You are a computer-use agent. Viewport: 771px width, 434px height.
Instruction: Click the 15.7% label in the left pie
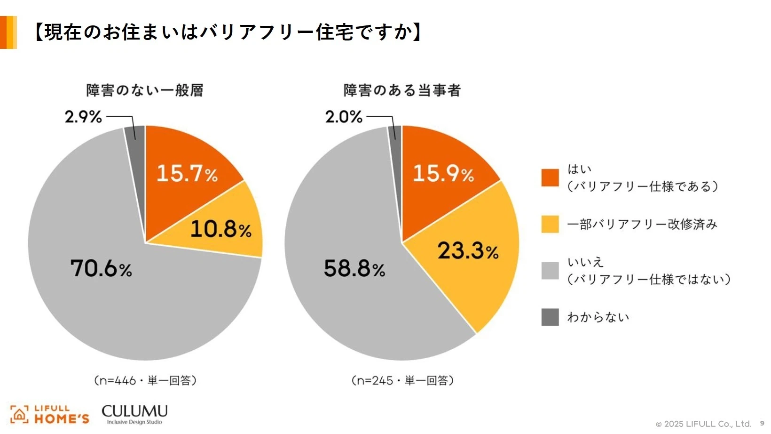click(187, 173)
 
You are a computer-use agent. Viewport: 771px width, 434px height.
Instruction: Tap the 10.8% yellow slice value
click(220, 229)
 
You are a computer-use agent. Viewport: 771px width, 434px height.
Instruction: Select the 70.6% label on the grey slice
click(101, 269)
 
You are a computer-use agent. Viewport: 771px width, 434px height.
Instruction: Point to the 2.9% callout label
click(83, 117)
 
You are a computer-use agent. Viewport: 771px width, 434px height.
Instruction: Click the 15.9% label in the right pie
click(443, 173)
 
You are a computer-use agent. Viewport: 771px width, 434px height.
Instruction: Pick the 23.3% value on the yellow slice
click(468, 250)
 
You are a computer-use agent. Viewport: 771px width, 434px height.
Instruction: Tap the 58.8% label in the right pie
click(354, 269)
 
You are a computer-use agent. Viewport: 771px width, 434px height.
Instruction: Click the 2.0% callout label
click(344, 117)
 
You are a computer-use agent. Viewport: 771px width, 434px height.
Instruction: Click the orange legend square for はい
click(550, 177)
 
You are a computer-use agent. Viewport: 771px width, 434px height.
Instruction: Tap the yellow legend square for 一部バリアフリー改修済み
click(550, 224)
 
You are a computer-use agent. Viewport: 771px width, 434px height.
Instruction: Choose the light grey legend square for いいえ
click(550, 271)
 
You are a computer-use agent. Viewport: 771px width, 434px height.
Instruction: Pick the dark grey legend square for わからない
click(550, 317)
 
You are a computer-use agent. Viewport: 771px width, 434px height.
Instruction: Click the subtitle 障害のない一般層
click(144, 90)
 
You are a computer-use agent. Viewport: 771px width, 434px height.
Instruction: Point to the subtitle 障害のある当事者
click(402, 90)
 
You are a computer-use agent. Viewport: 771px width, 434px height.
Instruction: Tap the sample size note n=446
click(145, 380)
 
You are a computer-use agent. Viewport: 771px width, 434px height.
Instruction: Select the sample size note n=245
click(402, 380)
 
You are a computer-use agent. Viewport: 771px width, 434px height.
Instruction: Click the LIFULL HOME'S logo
click(50, 415)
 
